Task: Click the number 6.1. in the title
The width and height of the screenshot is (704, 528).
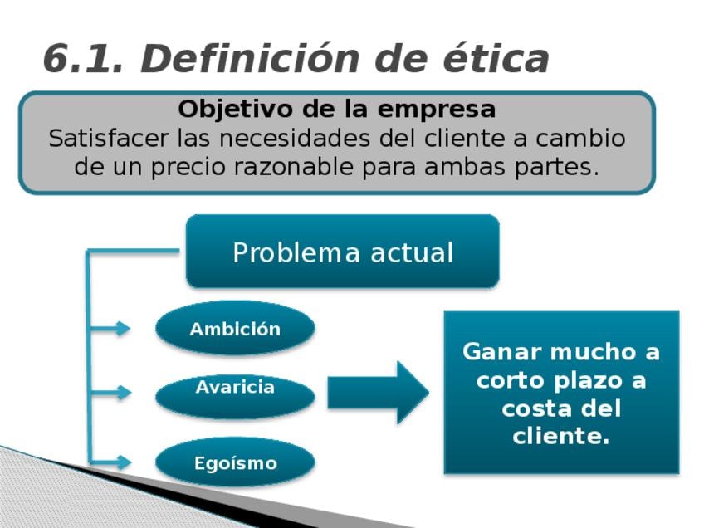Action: point(83,58)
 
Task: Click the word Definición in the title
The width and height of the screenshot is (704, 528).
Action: point(250,58)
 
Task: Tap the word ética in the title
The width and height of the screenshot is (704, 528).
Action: point(496,58)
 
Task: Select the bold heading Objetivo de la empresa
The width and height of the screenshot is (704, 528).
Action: point(337,109)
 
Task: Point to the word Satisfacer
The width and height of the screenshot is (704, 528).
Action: point(108,138)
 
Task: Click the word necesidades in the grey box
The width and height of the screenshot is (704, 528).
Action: point(295,138)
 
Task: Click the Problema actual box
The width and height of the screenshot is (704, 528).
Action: point(343,252)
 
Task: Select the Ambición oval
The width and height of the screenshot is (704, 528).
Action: point(235,328)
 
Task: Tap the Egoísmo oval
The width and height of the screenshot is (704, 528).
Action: point(235,462)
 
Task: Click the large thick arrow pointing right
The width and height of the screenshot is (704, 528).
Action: point(378,393)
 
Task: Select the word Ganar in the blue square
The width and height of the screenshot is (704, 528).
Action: point(501,351)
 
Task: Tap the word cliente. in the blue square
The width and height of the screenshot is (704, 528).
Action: point(561,436)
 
